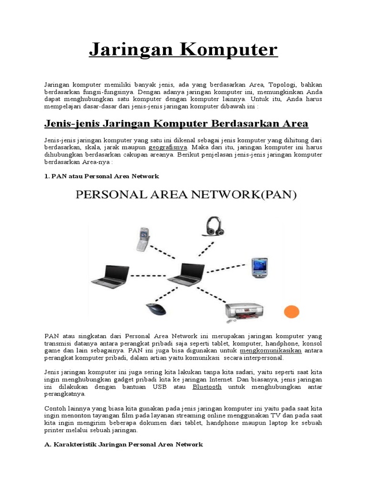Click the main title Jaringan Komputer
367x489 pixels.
(x=183, y=50)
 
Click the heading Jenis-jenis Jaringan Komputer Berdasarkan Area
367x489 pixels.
(x=176, y=124)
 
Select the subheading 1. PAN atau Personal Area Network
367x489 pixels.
(x=101, y=176)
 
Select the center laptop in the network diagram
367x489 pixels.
(x=183, y=276)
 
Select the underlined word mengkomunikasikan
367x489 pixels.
(x=272, y=350)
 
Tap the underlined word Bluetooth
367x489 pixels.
(x=207, y=387)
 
